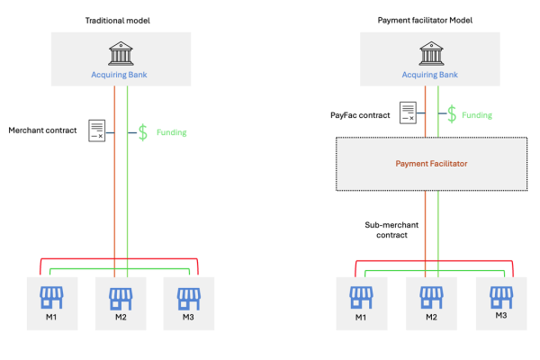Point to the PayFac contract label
(x=361, y=115)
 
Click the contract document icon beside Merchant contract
(x=97, y=130)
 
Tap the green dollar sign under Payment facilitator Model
(x=452, y=113)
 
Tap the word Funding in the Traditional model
(x=172, y=132)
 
